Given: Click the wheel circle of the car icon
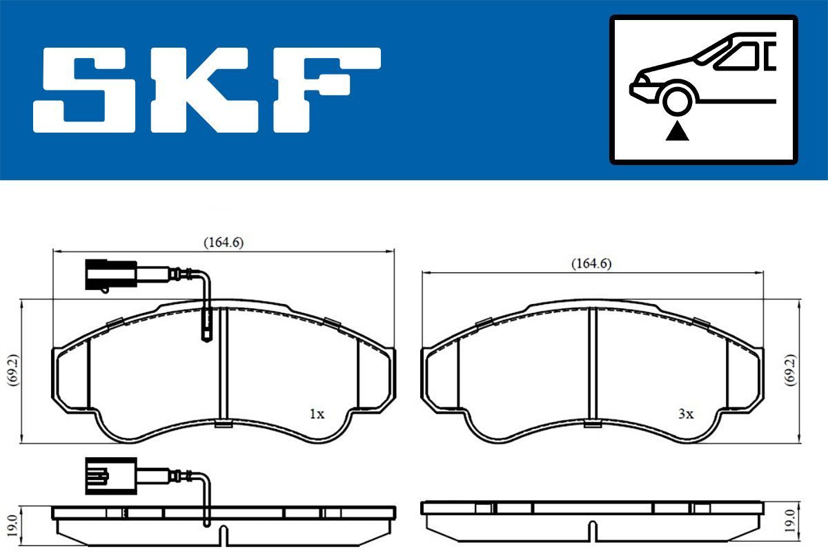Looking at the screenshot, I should (x=677, y=99).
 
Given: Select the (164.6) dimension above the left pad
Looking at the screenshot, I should (x=223, y=242).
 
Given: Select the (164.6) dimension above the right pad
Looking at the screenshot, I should (x=591, y=263).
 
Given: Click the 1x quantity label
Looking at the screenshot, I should (x=316, y=414).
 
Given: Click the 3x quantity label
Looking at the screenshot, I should (x=685, y=414).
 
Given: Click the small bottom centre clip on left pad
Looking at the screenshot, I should (x=223, y=424).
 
